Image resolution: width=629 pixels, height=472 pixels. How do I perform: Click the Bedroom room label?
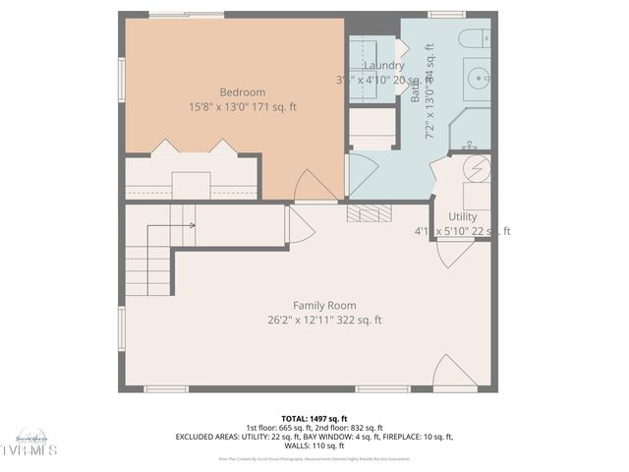(214, 92)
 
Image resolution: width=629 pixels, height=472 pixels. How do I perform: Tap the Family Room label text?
(324, 306)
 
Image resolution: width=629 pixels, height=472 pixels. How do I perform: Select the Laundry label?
(377, 66)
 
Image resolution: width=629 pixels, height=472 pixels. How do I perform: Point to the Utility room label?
(462, 216)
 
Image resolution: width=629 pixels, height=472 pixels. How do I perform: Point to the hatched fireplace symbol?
(370, 213)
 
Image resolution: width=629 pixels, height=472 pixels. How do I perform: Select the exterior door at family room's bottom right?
(453, 373)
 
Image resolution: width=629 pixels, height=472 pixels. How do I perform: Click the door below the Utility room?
(453, 254)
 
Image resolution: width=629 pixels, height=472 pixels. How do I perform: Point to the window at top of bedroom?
(186, 14)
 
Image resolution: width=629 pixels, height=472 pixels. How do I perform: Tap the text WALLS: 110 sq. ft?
(314, 445)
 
